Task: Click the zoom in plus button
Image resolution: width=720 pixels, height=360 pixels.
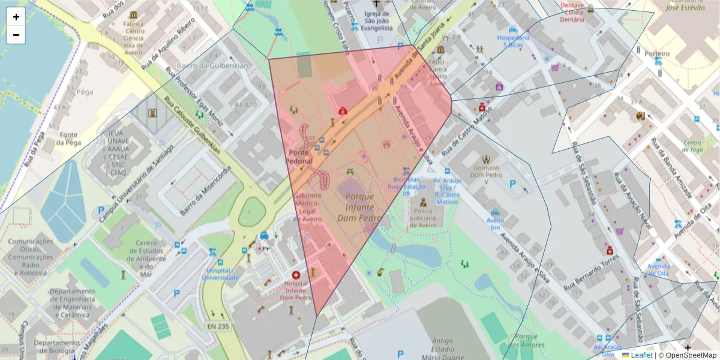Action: coord(16,17)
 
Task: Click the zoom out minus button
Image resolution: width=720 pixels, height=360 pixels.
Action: coord(16,35)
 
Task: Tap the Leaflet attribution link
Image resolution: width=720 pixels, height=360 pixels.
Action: coord(641,355)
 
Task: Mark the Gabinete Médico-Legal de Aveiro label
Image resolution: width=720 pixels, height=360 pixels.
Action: coord(308,208)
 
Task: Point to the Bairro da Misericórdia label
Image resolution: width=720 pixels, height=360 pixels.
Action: coord(206,191)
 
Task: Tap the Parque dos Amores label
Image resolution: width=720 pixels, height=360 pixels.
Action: coord(529,341)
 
